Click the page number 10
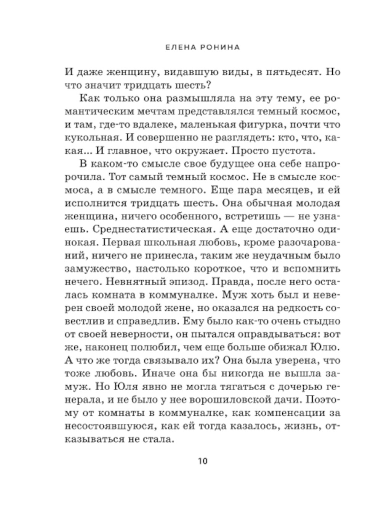coord(202,461)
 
